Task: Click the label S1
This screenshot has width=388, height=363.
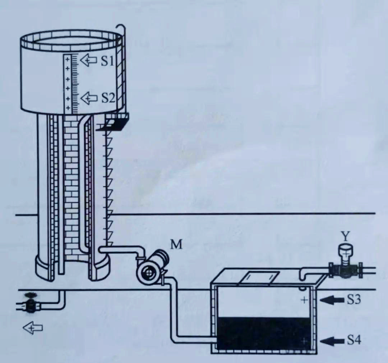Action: coord(107,60)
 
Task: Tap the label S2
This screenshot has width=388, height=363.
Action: coord(108,98)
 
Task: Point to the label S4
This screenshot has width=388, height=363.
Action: coord(354,340)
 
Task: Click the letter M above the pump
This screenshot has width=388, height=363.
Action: coord(176,245)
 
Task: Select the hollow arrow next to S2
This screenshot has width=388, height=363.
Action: coord(89,98)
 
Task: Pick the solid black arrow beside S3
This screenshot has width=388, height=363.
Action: coord(332,300)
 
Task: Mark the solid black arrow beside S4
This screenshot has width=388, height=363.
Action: coord(332,341)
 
